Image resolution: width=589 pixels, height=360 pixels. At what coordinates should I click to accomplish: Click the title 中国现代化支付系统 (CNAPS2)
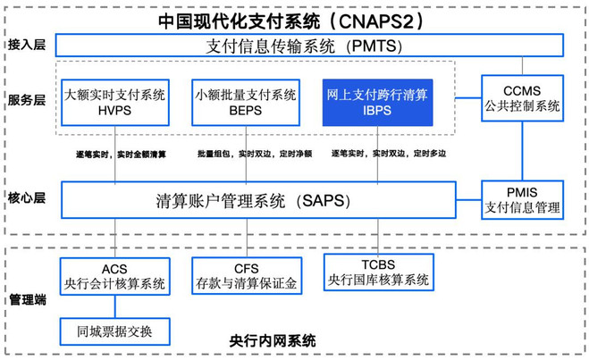[291, 21]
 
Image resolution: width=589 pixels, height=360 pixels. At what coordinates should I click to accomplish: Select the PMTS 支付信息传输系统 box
[309, 46]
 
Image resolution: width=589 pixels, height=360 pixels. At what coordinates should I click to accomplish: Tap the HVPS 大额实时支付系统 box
[115, 102]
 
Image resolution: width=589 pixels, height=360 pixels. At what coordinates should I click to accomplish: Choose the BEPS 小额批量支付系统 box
[246, 102]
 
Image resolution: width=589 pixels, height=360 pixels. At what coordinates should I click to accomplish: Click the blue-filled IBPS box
[377, 102]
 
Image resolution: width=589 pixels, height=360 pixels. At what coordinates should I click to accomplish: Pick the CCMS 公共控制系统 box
[522, 98]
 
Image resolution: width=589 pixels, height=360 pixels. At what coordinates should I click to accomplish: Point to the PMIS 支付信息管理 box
[522, 200]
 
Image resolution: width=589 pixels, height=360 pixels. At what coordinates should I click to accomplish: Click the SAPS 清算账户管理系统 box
[258, 200]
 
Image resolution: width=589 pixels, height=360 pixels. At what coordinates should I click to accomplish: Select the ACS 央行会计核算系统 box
[115, 276]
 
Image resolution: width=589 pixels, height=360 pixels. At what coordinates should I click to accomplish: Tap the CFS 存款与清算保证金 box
[247, 275]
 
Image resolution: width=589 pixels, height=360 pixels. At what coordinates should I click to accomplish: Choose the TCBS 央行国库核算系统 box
[379, 272]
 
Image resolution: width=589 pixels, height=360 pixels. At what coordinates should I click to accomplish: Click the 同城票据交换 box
[115, 331]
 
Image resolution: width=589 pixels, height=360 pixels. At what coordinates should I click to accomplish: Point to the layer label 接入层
[27, 45]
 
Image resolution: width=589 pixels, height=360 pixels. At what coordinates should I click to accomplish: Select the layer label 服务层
[27, 100]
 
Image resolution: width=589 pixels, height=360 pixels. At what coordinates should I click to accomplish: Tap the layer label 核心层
[27, 197]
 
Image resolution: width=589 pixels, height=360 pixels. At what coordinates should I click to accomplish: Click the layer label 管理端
[28, 299]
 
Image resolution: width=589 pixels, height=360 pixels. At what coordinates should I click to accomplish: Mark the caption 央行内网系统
[273, 341]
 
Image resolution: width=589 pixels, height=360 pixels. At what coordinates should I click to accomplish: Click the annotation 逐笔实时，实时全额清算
[121, 154]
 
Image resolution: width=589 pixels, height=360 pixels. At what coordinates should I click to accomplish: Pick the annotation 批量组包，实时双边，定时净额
[255, 154]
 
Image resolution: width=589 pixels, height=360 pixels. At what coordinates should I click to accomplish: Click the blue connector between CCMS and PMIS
[522, 151]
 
